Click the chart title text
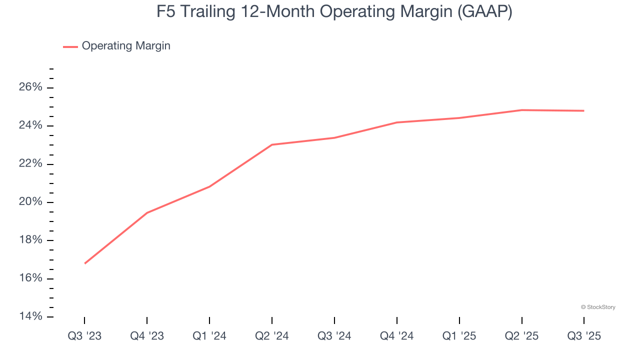tap(334, 12)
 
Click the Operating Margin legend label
tap(126, 46)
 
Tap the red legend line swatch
tap(70, 46)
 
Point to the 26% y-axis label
tap(30, 87)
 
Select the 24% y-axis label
tap(30, 125)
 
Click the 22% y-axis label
tap(30, 164)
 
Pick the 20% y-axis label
tap(30, 202)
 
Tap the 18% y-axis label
tap(30, 240)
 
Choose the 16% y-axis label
tap(30, 278)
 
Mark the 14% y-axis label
tap(30, 316)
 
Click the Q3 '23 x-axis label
tap(84, 336)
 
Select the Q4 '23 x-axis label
tap(147, 336)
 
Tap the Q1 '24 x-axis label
tap(209, 336)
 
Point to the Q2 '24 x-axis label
tap(272, 336)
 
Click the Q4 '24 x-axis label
tap(397, 336)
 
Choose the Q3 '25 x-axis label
tap(584, 336)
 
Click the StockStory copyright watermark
tap(598, 307)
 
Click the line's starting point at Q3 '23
tap(84, 263)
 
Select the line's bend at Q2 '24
tap(272, 144)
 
